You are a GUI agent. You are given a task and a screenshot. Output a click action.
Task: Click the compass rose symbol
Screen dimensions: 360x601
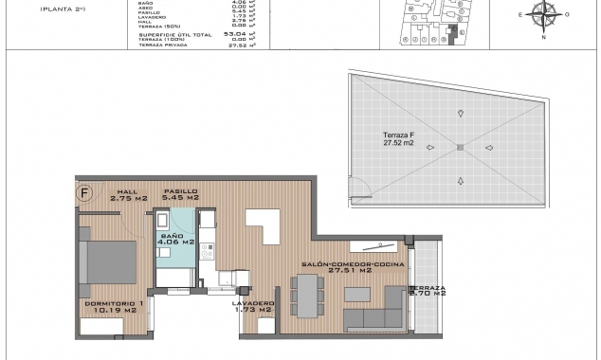[x=543, y=14]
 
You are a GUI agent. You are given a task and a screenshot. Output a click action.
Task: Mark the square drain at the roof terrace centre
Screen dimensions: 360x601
[x=460, y=147]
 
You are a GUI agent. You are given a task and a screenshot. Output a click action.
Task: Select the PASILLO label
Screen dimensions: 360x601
[x=180, y=191]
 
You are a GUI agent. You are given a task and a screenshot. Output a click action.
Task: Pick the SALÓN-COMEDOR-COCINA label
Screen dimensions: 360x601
[x=353, y=264]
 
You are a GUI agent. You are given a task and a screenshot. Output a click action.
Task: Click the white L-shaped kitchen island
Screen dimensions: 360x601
[x=260, y=226]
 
